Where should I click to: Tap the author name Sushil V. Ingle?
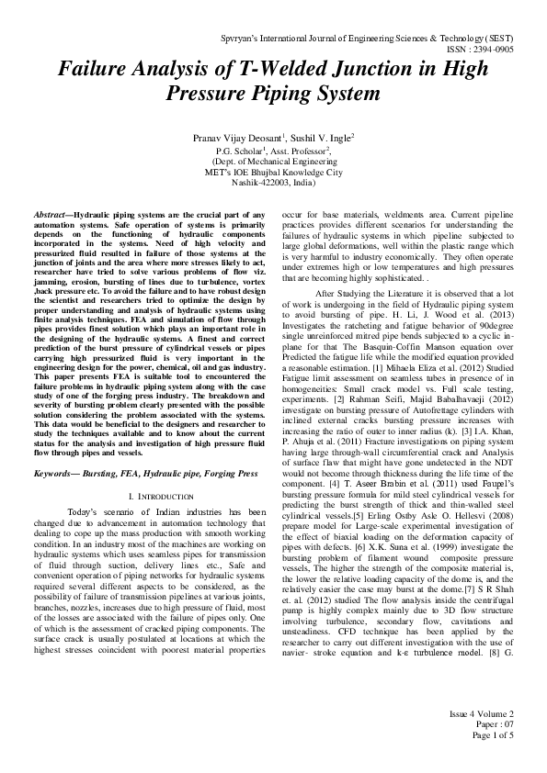click(x=320, y=137)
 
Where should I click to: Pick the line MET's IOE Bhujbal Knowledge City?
click(x=273, y=172)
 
